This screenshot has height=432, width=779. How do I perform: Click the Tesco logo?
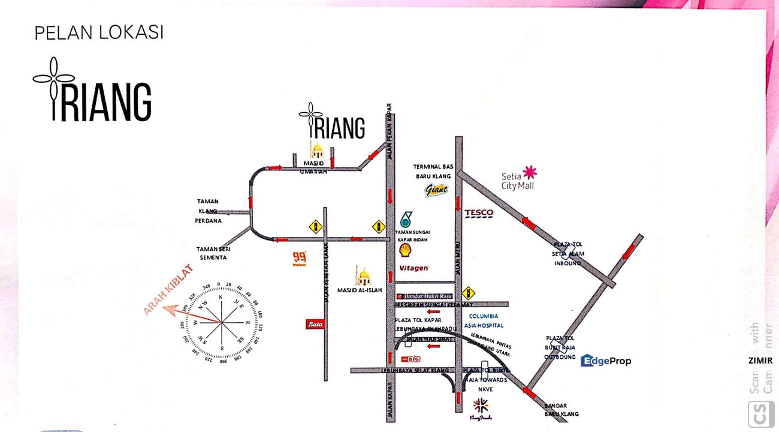click(479, 213)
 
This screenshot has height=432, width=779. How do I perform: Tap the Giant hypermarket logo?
click(436, 191)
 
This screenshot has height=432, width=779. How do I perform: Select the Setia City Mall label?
click(517, 181)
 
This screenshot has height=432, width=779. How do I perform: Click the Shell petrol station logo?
click(406, 250)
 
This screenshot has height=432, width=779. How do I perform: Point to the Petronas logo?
click(406, 219)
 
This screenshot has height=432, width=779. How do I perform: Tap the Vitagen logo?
click(414, 268)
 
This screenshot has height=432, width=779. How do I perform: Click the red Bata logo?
click(315, 324)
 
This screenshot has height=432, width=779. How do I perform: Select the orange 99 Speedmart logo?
click(299, 258)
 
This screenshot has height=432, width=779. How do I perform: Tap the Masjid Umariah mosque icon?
click(316, 150)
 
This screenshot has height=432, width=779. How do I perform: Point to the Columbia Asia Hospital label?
click(486, 320)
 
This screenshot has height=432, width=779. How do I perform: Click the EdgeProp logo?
click(606, 361)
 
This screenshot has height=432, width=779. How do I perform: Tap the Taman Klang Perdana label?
click(209, 211)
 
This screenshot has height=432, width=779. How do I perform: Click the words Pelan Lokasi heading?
click(99, 33)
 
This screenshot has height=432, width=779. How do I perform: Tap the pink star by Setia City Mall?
click(529, 173)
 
